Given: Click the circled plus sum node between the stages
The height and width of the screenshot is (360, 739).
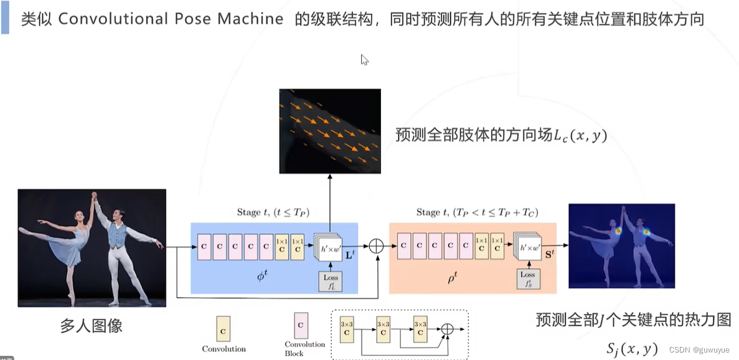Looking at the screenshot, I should point(376,246).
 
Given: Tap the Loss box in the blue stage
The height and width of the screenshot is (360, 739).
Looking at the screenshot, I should point(330,281).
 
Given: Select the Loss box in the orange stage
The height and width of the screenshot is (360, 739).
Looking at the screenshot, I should point(527,279).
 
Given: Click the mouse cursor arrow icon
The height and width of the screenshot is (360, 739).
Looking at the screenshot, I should point(365,60).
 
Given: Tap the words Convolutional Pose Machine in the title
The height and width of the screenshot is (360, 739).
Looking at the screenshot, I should point(171,19).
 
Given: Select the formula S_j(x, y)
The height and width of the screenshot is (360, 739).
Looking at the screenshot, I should point(631,348).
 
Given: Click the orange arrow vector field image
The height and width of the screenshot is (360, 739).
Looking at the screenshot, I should point(330,131).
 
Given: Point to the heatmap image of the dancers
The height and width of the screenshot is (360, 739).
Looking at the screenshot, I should point(621,246).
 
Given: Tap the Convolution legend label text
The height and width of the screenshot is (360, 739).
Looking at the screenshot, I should point(224,349).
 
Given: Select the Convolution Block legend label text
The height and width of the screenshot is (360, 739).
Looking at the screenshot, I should point(304,348).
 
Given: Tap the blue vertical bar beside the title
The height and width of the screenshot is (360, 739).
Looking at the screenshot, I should point(5,18).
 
